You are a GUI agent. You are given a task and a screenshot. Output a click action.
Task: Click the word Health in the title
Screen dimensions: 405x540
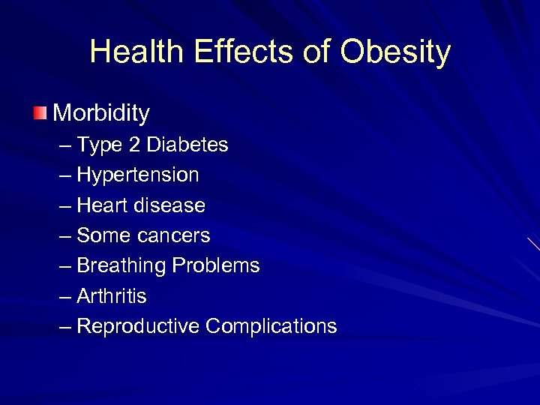(x=136, y=52)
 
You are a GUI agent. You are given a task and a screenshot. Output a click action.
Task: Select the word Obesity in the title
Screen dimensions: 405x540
(x=395, y=52)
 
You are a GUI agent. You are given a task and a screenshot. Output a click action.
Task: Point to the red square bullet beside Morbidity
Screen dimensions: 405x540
(x=39, y=113)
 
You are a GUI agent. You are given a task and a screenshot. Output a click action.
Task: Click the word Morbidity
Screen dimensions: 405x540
(x=101, y=113)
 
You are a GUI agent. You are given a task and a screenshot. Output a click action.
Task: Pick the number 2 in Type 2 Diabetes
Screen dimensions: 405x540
(x=133, y=145)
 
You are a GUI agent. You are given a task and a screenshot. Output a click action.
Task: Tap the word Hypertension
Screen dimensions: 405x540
(x=138, y=175)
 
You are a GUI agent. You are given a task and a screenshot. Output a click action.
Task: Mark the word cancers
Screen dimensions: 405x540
(x=175, y=235)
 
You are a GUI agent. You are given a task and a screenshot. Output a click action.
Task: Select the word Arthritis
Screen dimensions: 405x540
(x=112, y=296)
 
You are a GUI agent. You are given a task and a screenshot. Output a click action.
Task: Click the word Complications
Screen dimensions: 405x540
(x=271, y=326)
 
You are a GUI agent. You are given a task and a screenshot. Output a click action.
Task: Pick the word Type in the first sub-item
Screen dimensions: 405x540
(x=100, y=145)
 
